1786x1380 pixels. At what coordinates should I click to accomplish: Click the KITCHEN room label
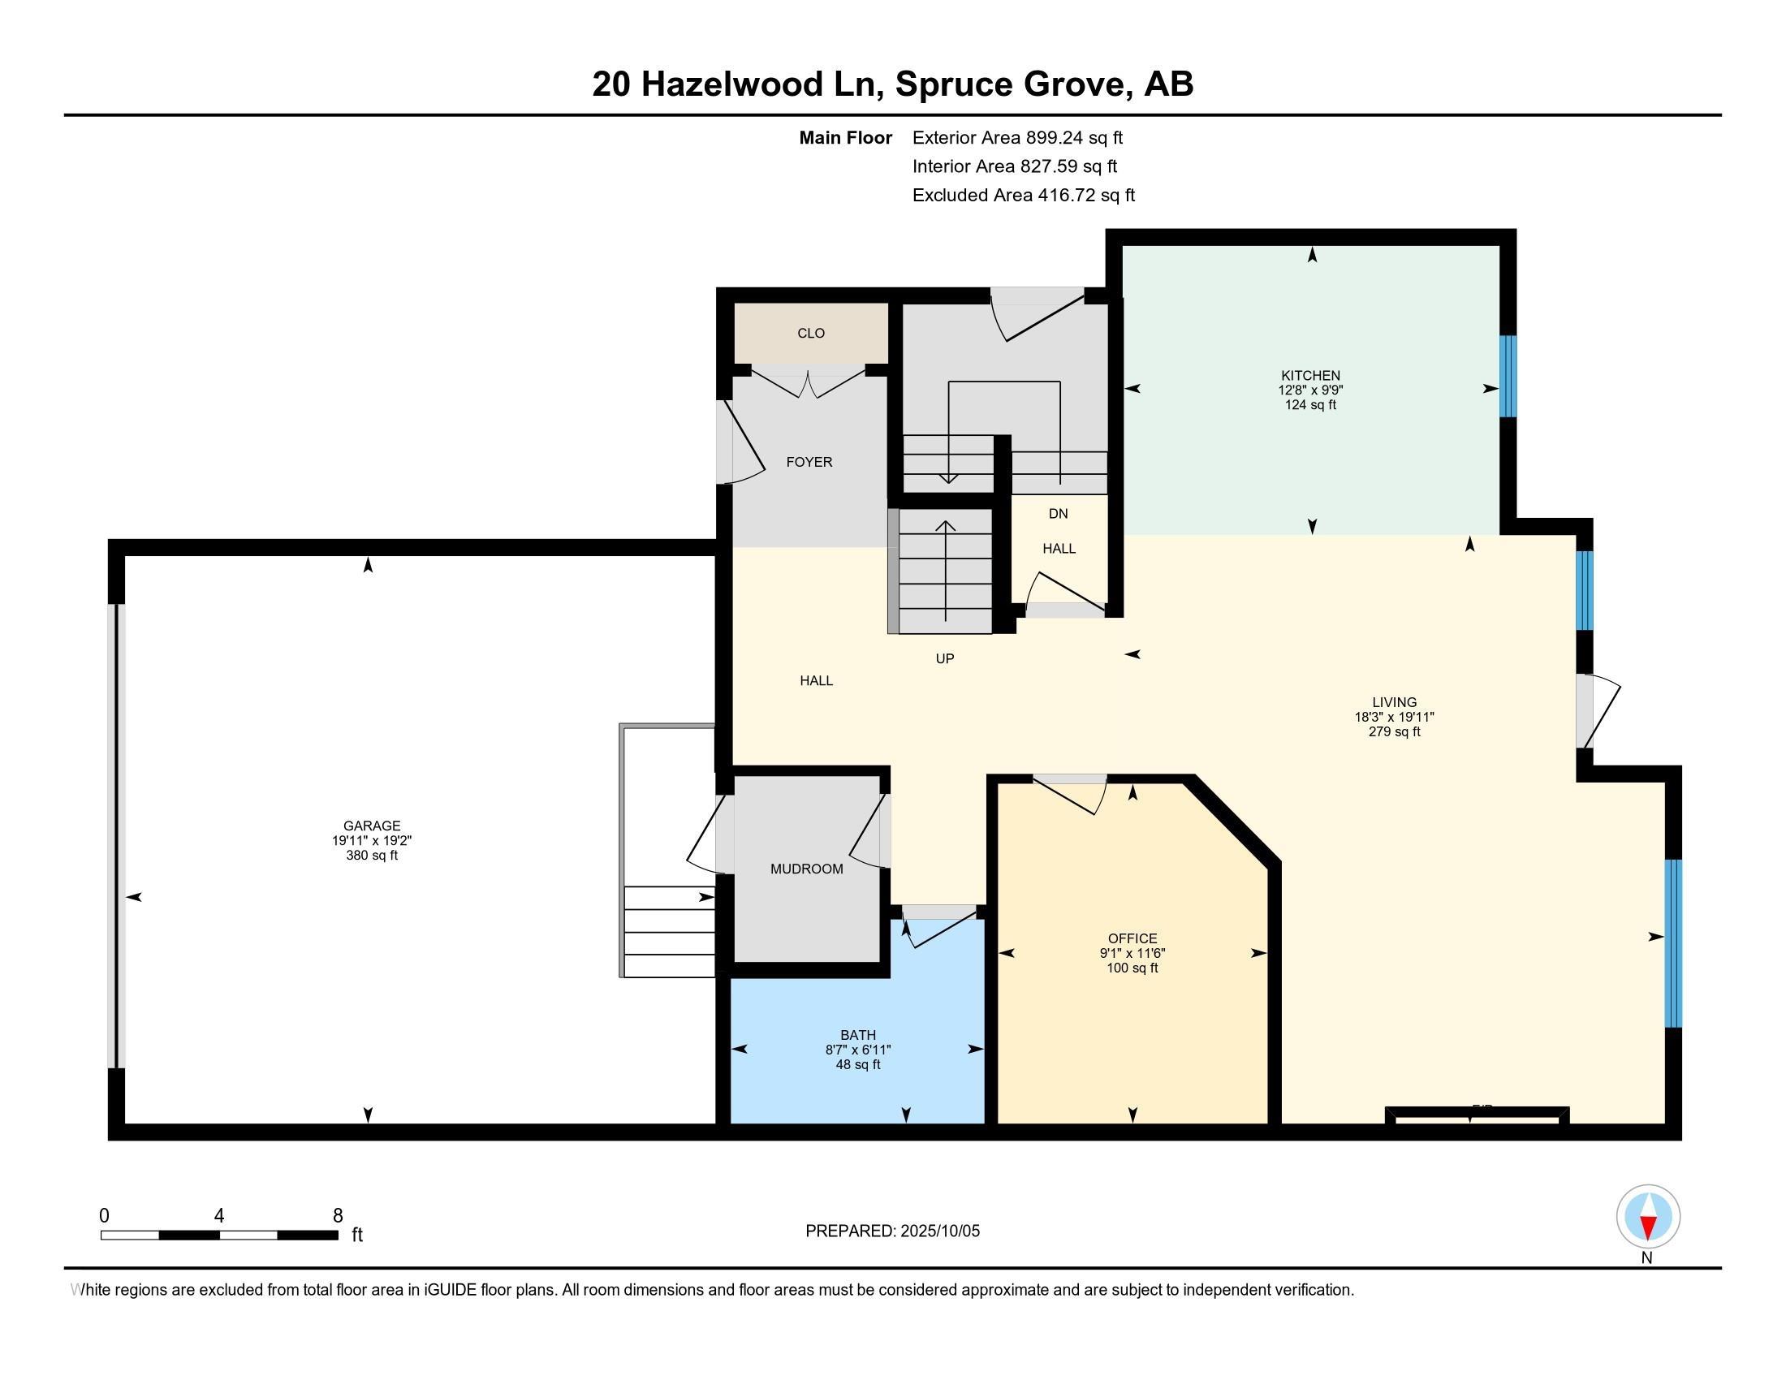1310,376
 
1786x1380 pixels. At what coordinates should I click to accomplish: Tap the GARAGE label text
371,826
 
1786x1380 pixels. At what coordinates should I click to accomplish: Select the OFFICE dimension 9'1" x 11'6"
1132,953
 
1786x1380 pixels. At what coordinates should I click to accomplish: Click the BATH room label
857,1035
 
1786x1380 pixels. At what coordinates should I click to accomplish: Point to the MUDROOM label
806,869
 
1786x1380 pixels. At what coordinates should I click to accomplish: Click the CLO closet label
810,334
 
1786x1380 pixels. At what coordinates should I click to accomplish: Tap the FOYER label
809,462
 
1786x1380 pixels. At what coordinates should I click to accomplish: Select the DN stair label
1058,514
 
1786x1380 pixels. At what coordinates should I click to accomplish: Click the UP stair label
944,659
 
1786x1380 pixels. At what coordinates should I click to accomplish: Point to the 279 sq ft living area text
1394,731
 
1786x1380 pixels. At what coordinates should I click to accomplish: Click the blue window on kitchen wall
1508,376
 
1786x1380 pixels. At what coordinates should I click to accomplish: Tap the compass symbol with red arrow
1648,1217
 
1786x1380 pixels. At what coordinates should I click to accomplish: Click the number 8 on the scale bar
338,1216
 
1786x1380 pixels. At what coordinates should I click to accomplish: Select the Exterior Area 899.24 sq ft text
1017,138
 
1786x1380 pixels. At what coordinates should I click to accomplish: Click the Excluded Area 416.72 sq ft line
1023,196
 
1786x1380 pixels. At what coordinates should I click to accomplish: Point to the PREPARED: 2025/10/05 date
892,1231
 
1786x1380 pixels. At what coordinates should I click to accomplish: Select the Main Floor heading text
845,138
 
